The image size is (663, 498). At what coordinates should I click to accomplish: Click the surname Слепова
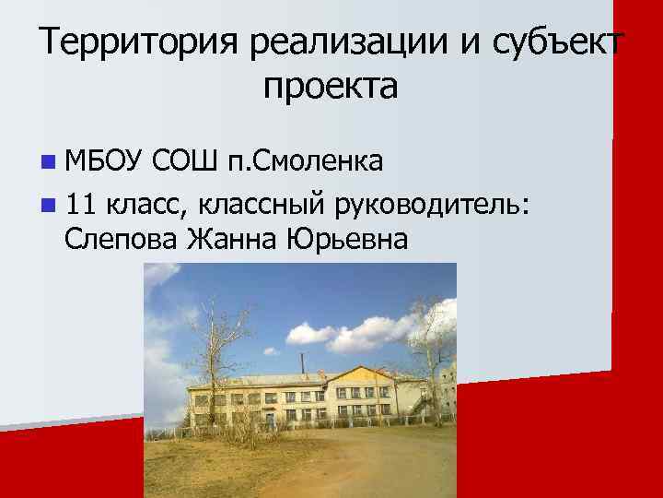[x=122, y=239]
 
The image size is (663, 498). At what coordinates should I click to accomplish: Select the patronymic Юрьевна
[x=346, y=239]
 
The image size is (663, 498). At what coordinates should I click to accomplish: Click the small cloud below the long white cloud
[x=354, y=339]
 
